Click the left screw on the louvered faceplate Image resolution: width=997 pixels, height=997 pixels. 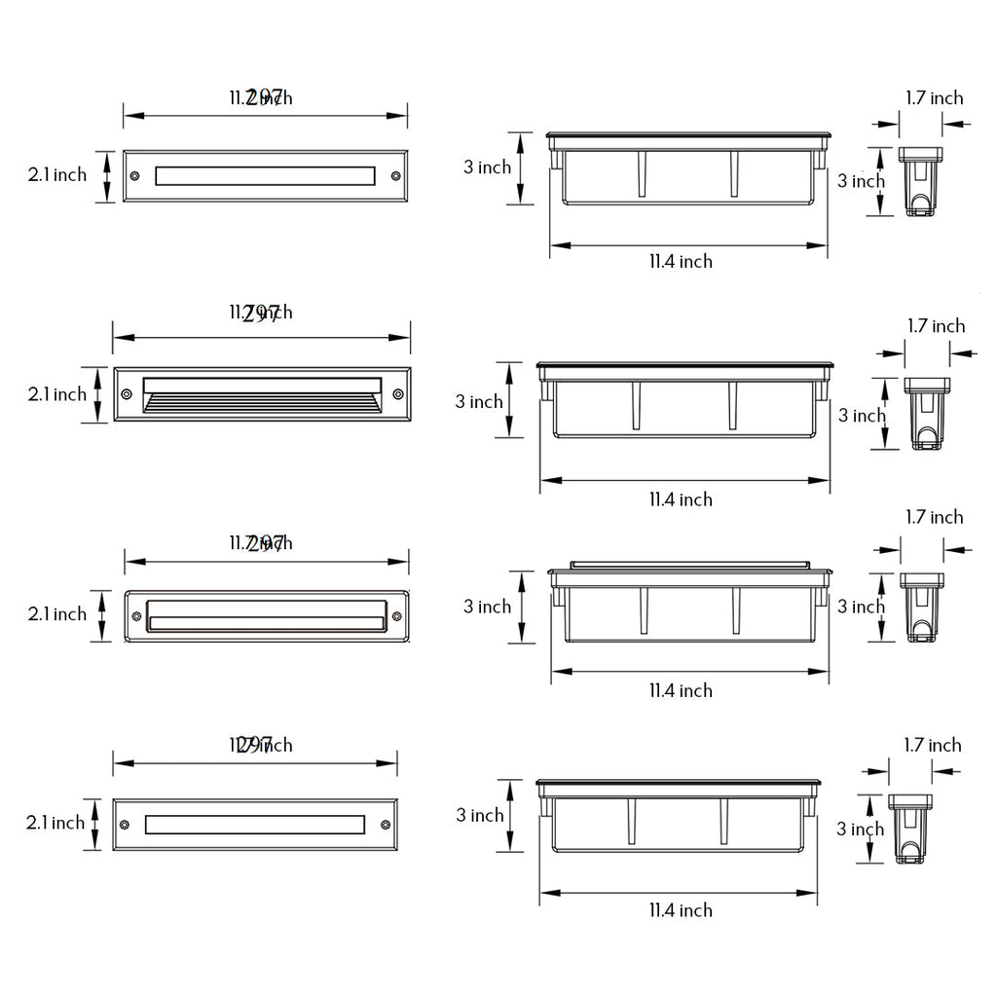[x=127, y=394]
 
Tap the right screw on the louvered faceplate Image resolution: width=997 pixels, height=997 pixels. [x=397, y=394]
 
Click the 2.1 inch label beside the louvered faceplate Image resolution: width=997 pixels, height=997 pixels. [x=56, y=394]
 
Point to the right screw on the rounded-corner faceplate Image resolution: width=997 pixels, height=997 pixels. [x=396, y=613]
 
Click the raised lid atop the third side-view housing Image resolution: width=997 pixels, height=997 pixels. [x=690, y=564]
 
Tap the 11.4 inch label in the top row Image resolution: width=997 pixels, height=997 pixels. [x=681, y=261]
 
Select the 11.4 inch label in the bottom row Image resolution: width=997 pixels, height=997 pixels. [x=681, y=910]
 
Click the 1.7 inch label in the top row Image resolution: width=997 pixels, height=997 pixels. [x=934, y=97]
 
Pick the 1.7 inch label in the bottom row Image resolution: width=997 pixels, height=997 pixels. [x=932, y=745]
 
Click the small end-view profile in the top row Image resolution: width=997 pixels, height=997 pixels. [x=921, y=181]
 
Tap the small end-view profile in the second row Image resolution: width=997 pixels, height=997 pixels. [x=928, y=413]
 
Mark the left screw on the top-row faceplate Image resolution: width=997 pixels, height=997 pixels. [x=135, y=176]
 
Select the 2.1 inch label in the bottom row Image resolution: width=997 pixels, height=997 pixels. [x=55, y=823]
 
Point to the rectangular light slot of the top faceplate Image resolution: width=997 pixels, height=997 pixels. [x=265, y=175]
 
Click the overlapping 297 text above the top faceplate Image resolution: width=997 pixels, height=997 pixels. [x=264, y=96]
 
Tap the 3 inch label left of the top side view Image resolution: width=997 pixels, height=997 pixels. [x=487, y=167]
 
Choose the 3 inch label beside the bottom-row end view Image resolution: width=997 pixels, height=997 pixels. [x=861, y=830]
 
